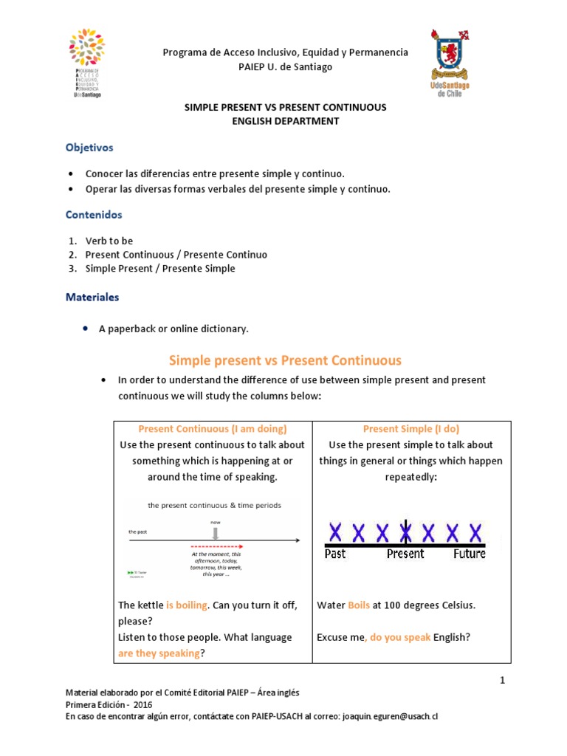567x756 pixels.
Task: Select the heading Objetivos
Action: (x=89, y=148)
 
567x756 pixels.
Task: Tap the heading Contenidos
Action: (x=94, y=215)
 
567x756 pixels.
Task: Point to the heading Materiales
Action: (x=92, y=298)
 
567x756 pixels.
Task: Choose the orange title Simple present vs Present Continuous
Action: (x=285, y=360)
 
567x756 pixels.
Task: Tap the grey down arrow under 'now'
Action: (x=216, y=533)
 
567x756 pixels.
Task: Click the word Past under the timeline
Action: (x=336, y=554)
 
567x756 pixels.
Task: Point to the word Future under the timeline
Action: (x=470, y=554)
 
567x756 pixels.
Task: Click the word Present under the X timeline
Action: (x=405, y=554)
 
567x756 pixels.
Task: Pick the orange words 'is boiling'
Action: (x=186, y=605)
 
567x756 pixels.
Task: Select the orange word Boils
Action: (x=359, y=605)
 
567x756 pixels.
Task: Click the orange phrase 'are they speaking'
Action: (x=159, y=653)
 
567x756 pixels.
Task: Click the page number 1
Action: (x=501, y=681)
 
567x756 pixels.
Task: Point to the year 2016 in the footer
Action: (x=133, y=704)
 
